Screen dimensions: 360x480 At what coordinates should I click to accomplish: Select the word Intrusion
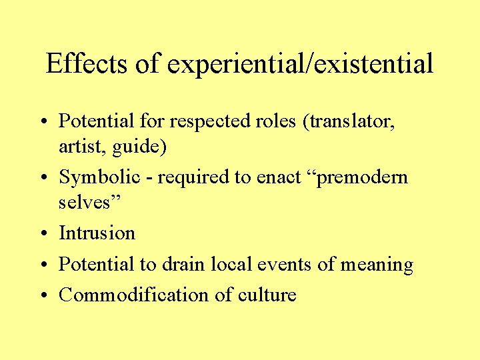(97, 233)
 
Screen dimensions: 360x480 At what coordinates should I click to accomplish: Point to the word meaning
(377, 265)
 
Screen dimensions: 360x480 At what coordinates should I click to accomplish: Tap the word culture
(265, 295)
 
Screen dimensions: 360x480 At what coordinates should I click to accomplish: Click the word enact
(273, 177)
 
